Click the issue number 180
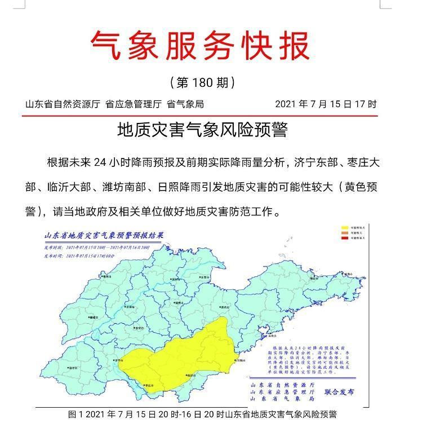(202, 83)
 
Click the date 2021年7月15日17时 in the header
(326, 104)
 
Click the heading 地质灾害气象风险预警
(202, 130)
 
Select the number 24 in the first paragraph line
(100, 163)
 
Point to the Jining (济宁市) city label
(119, 359)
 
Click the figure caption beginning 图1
(202, 415)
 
